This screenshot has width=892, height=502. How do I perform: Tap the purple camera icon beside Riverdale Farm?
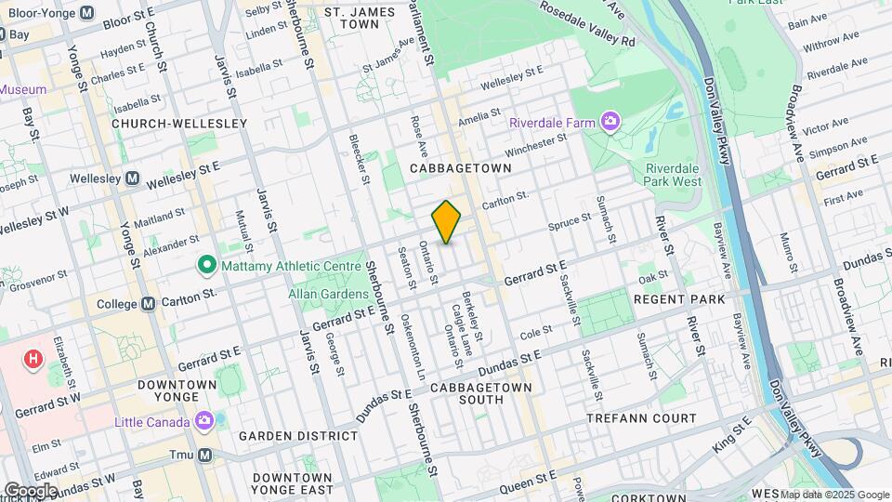(610, 122)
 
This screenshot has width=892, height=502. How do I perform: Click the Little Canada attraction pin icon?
(204, 421)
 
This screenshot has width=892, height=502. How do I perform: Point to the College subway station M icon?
(148, 304)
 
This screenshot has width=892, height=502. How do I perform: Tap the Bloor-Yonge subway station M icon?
(86, 13)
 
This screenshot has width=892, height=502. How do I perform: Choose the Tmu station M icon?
(204, 455)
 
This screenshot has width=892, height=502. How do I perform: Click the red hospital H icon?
(34, 358)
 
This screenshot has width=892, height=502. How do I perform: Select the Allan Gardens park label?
(296, 293)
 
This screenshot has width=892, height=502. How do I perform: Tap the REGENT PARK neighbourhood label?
(678, 299)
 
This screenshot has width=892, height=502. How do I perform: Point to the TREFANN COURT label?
(641, 418)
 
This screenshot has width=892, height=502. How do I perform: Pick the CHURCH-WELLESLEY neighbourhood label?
(179, 123)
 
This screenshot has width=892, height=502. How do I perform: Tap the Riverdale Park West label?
(673, 175)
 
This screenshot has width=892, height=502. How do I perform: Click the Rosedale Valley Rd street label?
(591, 29)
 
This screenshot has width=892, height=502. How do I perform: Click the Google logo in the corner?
(30, 490)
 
